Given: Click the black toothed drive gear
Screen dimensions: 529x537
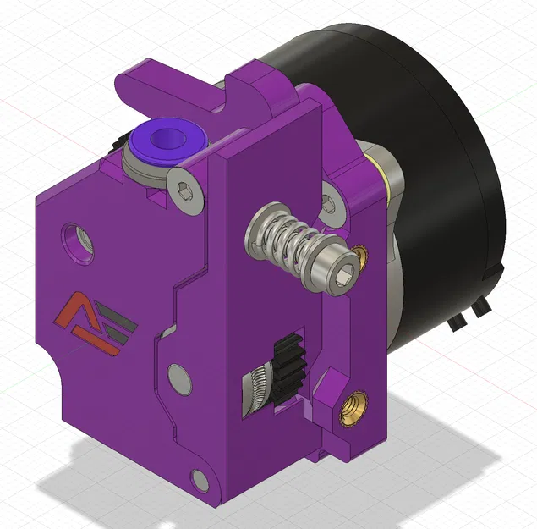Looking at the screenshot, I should click(288, 359).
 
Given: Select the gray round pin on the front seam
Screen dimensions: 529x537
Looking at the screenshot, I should click(178, 376).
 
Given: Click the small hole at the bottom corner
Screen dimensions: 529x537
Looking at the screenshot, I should click(200, 480).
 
